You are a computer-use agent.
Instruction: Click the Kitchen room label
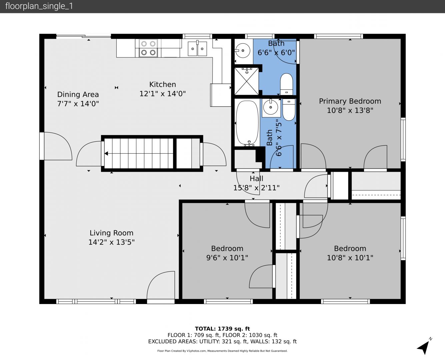pyautogui.click(x=163, y=84)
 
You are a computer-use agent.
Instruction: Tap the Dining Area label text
pyautogui.click(x=78, y=94)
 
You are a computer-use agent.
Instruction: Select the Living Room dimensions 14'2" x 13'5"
pyautogui.click(x=111, y=242)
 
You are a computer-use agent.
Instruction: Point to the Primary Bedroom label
pyautogui.click(x=350, y=101)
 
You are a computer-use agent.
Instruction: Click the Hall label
pyautogui.click(x=256, y=178)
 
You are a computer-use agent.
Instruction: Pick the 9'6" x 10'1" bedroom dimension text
pyautogui.click(x=227, y=258)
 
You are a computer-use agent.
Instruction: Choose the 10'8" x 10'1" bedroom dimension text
pyautogui.click(x=350, y=258)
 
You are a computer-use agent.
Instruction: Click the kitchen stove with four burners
pyautogui.click(x=148, y=48)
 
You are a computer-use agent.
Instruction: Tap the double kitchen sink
pyautogui.click(x=197, y=49)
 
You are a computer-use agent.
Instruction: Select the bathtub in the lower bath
pyautogui.click(x=247, y=123)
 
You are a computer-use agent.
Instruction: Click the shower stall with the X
pyautogui.click(x=247, y=81)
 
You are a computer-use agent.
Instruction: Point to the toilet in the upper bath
pyautogui.click(x=286, y=84)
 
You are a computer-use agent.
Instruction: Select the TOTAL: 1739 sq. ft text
pyautogui.click(x=222, y=329)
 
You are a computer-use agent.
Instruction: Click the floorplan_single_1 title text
pyautogui.click(x=39, y=6)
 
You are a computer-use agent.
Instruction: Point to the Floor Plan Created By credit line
pyautogui.click(x=222, y=351)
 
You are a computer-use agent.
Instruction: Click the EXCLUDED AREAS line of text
pyautogui.click(x=222, y=342)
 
